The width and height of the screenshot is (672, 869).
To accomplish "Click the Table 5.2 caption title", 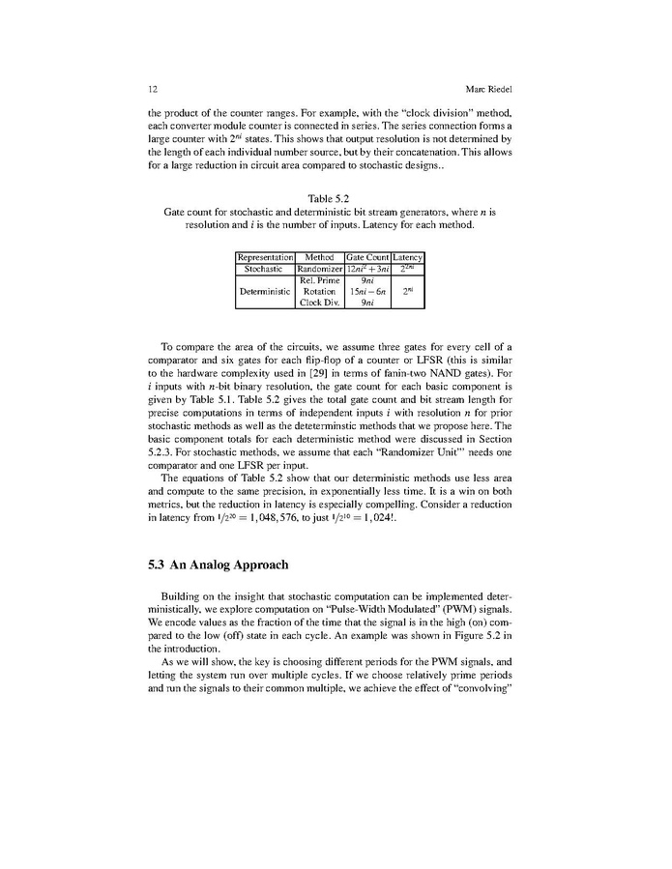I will (x=335, y=199).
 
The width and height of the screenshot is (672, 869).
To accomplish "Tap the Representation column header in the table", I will (x=265, y=256).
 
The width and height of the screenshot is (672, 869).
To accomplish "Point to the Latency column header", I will (x=410, y=256).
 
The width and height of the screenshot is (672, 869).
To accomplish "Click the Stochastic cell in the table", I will (x=265, y=268).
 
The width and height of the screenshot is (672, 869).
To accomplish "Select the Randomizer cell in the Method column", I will (x=319, y=268).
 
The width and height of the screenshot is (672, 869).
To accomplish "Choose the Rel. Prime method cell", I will (x=319, y=279).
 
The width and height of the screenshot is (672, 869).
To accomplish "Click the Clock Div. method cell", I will (x=319, y=303).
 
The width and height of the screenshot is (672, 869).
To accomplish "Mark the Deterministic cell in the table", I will (x=265, y=291).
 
